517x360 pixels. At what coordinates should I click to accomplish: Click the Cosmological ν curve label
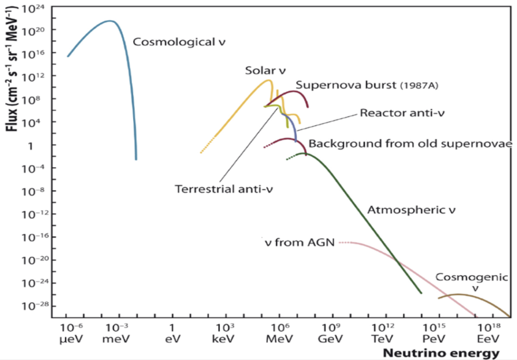click(179, 42)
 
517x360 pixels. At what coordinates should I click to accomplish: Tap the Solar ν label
click(265, 70)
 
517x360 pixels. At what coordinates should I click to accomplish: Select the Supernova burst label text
click(345, 85)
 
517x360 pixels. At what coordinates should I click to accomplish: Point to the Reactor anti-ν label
click(402, 113)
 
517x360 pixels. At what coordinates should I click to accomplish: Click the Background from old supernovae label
click(410, 144)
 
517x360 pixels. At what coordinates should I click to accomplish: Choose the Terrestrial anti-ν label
click(224, 189)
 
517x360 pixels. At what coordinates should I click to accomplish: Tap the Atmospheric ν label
click(411, 210)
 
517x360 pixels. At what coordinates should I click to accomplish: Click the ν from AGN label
click(300, 242)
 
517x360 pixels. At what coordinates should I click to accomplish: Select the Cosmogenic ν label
click(472, 282)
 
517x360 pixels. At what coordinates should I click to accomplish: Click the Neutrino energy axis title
click(441, 353)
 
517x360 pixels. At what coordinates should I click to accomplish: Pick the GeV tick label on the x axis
click(331, 339)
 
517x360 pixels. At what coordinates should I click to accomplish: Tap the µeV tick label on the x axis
click(72, 339)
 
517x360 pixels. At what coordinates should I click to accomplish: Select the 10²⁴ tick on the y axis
click(33, 8)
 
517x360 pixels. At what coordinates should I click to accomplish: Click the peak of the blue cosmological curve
click(110, 21)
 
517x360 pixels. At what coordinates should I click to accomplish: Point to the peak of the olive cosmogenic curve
click(458, 295)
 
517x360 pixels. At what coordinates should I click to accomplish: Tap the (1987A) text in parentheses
click(419, 86)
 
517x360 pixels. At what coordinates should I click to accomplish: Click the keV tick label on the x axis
click(223, 339)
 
